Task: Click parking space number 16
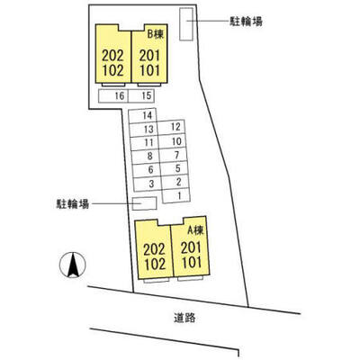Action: tap(113, 96)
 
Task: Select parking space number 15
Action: tap(141, 96)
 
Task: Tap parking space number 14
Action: tap(143, 115)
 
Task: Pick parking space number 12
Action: tap(172, 128)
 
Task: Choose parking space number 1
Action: tap(176, 195)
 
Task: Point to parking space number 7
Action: tap(173, 155)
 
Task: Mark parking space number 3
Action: tap(148, 184)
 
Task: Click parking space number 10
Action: tap(172, 141)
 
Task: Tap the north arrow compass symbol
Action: tap(73, 265)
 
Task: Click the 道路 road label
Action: tap(184, 318)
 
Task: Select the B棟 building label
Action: tap(156, 34)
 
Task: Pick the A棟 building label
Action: tap(195, 230)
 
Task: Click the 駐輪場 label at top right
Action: tap(246, 22)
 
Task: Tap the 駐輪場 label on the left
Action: tap(73, 204)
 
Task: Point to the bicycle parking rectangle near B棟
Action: tap(186, 24)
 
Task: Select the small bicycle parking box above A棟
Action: tap(145, 203)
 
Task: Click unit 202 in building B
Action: tap(112, 56)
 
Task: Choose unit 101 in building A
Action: tap(191, 263)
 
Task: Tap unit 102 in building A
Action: tap(155, 264)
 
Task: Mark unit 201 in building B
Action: tap(149, 56)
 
